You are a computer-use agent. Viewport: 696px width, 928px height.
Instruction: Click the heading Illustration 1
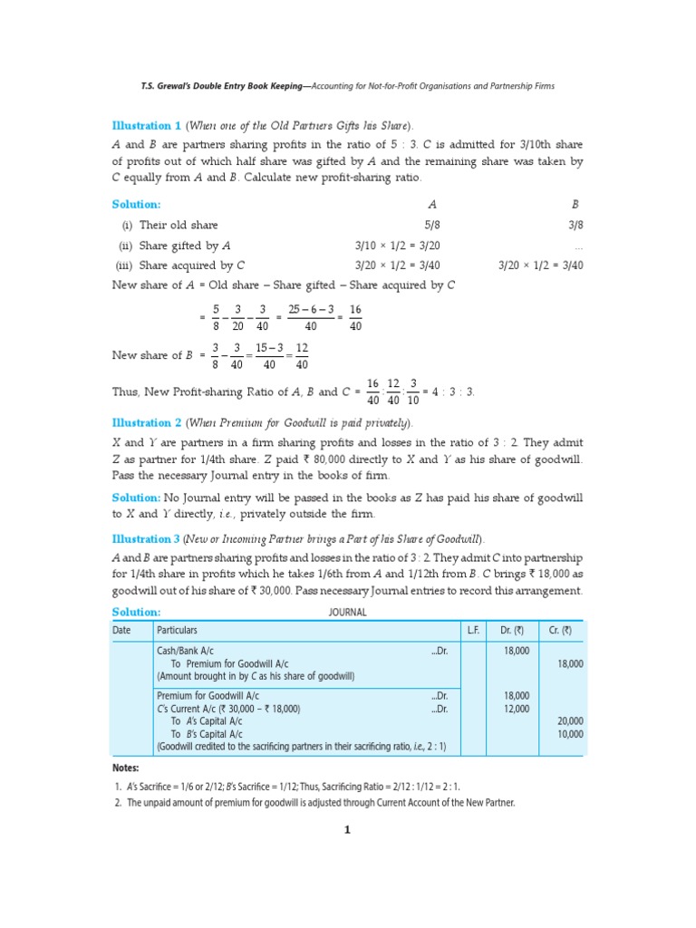pyautogui.click(x=147, y=126)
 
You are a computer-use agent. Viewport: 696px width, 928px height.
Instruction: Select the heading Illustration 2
pyautogui.click(x=147, y=423)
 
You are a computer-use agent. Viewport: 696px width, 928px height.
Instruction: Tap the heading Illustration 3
pyautogui.click(x=147, y=539)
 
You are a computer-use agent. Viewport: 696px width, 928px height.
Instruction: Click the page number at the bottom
pyautogui.click(x=347, y=828)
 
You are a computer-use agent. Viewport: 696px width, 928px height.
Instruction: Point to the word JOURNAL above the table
pyautogui.click(x=347, y=613)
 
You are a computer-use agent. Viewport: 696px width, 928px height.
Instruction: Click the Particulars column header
pyautogui.click(x=178, y=630)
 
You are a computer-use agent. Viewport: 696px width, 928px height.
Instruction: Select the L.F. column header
pyautogui.click(x=473, y=630)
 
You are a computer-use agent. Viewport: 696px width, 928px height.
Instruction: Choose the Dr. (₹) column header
pyautogui.click(x=513, y=630)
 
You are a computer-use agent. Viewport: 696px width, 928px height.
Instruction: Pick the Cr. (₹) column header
pyautogui.click(x=560, y=630)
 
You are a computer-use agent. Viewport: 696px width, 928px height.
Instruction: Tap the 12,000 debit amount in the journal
pyautogui.click(x=516, y=709)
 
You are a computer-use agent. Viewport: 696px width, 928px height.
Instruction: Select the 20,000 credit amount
pyautogui.click(x=570, y=721)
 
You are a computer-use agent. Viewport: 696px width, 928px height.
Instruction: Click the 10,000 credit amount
pyautogui.click(x=570, y=734)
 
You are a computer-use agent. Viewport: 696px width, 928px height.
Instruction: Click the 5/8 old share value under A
pyautogui.click(x=431, y=225)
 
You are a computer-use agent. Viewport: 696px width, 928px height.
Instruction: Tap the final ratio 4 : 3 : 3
pyautogui.click(x=454, y=391)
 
